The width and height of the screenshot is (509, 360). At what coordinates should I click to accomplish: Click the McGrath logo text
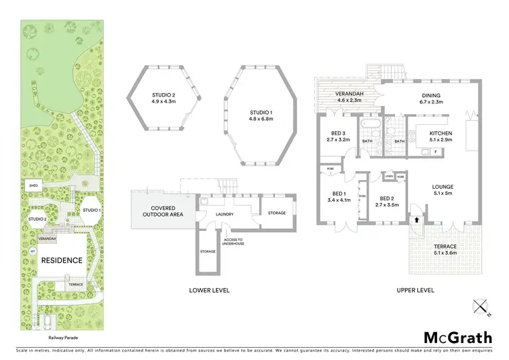[x=453, y=338]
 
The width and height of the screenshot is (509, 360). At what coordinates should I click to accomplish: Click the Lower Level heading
[x=208, y=290]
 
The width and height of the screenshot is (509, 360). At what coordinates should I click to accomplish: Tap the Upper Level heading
[x=416, y=290]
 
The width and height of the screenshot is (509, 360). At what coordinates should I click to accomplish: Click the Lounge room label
[x=443, y=187]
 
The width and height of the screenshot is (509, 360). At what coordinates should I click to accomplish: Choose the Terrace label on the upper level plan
[x=446, y=246]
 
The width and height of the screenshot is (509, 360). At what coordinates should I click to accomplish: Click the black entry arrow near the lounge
[x=415, y=220]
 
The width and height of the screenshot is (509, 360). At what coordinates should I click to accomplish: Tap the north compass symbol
[x=481, y=308]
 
